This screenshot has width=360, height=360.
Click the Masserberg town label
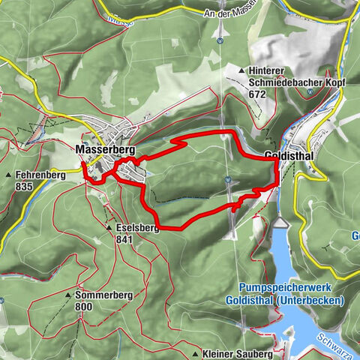coord(105,150)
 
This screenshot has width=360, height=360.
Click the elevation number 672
coord(259,94)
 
